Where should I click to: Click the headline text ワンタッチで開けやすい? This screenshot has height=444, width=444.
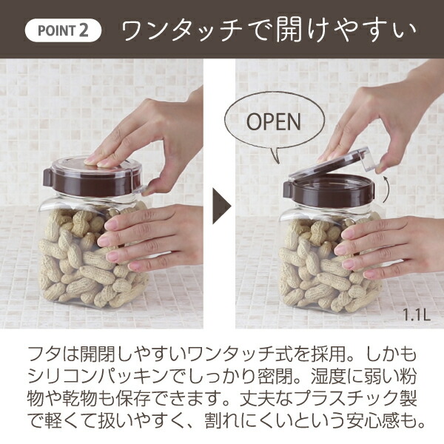point(268,32)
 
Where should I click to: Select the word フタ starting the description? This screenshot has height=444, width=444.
point(38,350)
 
